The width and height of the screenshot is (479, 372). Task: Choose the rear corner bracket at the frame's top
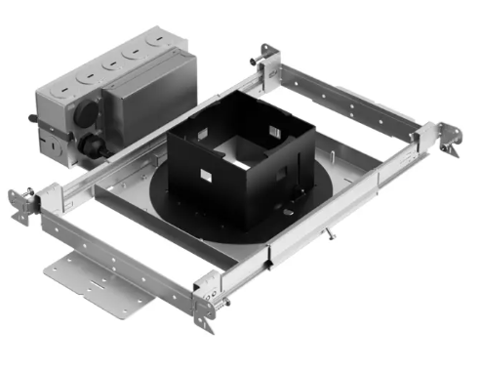[x=264, y=56]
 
